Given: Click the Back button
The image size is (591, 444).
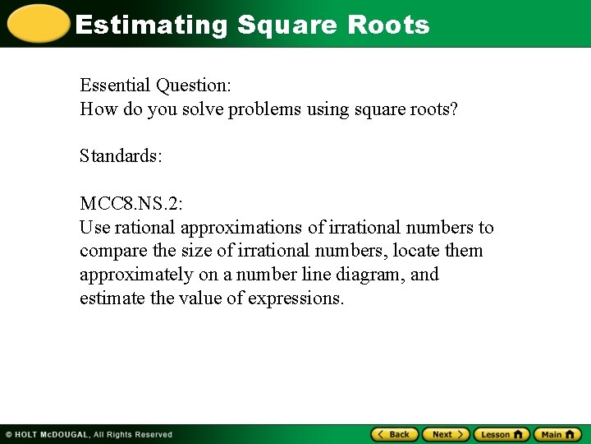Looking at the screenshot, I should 395,434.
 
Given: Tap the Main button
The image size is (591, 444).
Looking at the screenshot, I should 557,434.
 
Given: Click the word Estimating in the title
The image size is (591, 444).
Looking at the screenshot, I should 151,25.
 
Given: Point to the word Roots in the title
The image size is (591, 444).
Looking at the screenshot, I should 388,25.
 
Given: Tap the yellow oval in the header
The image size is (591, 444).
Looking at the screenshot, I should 36,24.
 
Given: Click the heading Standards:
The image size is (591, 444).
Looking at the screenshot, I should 121,155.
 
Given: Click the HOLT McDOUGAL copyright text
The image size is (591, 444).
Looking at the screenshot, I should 89,434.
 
